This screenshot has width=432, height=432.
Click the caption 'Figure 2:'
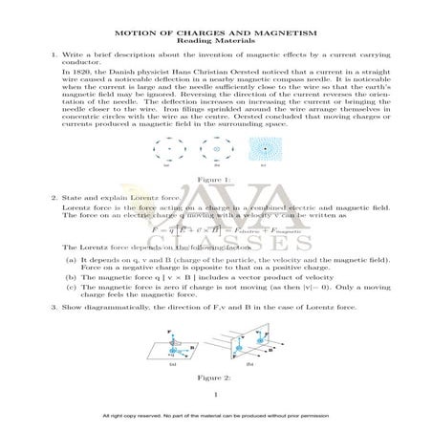[x=216, y=378]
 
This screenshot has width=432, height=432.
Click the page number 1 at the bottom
[x=216, y=393]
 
